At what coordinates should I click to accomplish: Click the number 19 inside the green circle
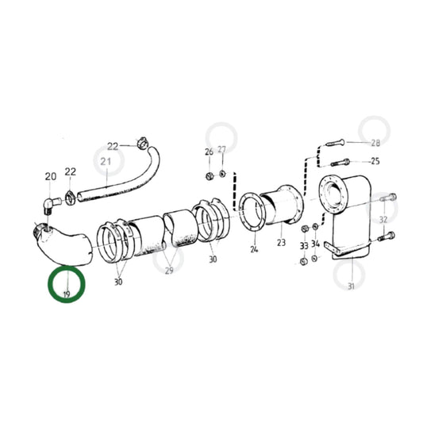(67, 294)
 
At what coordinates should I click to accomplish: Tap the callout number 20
(51, 176)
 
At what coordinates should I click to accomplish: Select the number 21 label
(106, 163)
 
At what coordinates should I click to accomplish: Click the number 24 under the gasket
(254, 248)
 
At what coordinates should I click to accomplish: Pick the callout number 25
(375, 162)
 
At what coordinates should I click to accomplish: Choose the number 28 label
(375, 144)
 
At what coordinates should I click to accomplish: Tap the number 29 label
(169, 271)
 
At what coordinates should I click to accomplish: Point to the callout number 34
(316, 244)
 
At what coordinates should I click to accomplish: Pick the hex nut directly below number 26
(208, 175)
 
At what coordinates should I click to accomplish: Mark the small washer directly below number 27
(221, 173)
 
